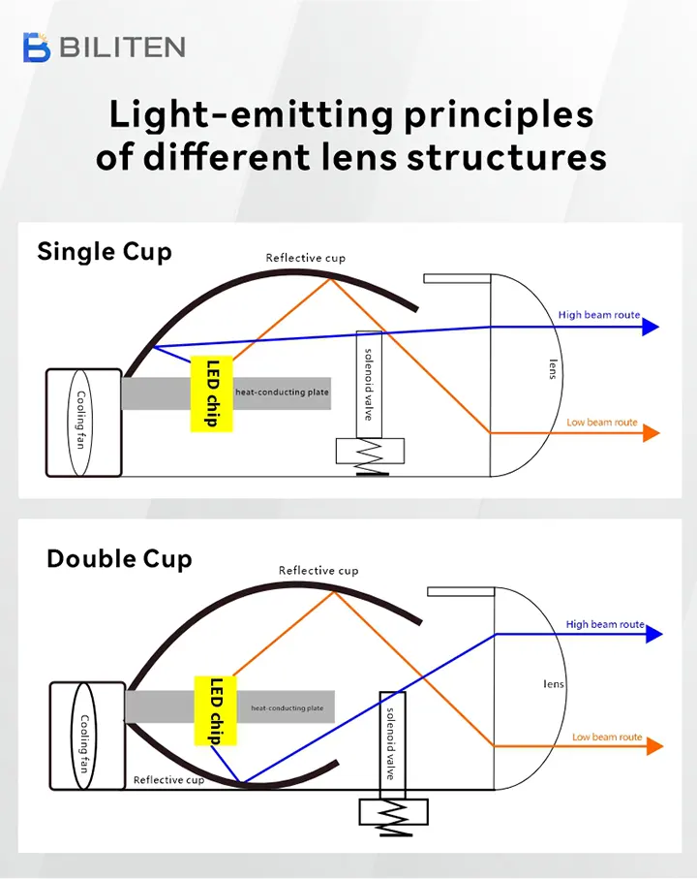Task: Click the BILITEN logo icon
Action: pos(37,47)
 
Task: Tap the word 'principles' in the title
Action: pos(499,116)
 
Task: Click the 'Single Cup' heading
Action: pos(105,252)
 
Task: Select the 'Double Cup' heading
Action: pos(119,559)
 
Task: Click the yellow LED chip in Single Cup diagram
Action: pos(212,393)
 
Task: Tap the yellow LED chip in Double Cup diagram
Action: pos(216,710)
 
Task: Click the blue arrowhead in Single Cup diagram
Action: pos(651,327)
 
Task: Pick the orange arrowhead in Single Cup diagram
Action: pos(652,433)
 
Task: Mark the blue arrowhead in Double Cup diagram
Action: pos(654,634)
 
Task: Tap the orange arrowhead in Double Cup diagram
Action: pos(654,746)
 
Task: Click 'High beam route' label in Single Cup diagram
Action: pos(599,315)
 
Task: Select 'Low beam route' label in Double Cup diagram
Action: pos(607,737)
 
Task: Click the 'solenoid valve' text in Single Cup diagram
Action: pos(369,384)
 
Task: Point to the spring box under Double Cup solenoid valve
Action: pos(394,812)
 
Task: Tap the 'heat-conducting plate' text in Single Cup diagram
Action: pos(282,392)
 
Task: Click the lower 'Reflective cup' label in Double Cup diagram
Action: pos(169,780)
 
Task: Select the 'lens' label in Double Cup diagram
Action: pos(554,683)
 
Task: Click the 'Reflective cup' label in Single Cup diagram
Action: pos(306,258)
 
